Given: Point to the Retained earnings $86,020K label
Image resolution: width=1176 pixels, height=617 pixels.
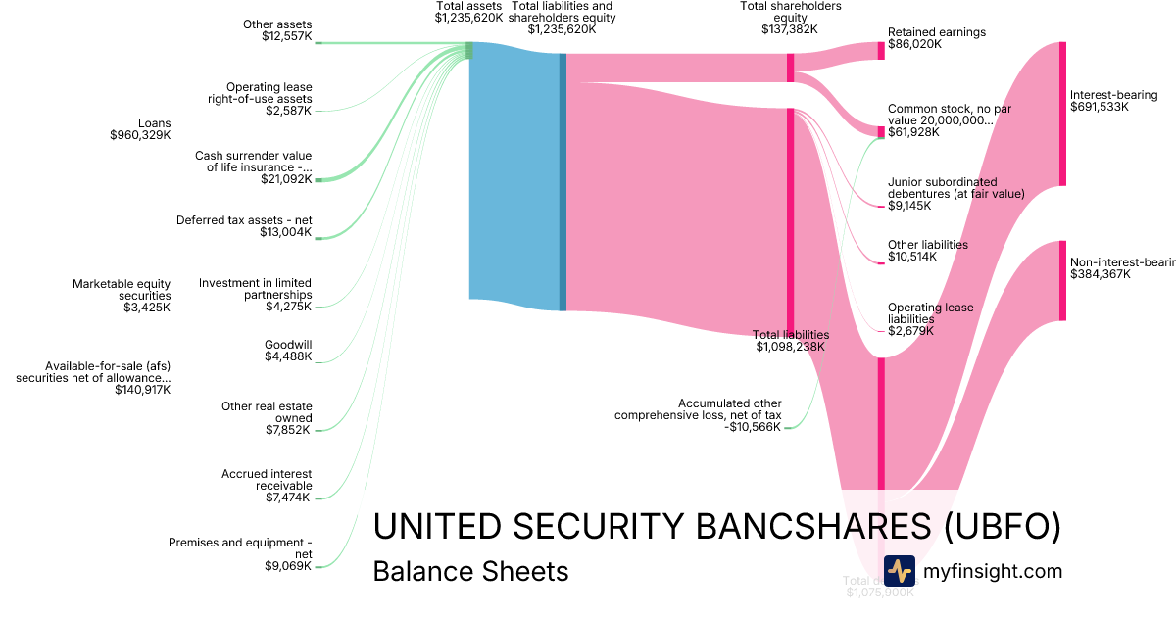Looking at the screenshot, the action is (936, 39).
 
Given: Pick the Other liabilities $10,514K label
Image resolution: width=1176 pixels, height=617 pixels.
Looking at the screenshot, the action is (927, 251).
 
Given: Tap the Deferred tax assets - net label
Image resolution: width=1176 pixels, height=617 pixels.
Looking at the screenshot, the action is (244, 226).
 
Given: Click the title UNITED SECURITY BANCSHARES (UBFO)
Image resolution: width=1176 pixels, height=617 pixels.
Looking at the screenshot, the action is (716, 527).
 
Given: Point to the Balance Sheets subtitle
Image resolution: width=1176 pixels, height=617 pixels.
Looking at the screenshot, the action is (470, 571).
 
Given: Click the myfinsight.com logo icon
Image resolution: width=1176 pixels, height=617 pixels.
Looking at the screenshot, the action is (899, 571).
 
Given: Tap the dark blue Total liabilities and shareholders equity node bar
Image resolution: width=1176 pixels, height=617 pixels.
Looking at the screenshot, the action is (563, 182).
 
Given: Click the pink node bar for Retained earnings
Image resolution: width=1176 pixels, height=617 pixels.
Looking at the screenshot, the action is (881, 51).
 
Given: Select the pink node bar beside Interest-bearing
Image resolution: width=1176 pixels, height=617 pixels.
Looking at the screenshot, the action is (1061, 114).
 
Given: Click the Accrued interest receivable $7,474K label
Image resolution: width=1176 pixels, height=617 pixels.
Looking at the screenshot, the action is (267, 486).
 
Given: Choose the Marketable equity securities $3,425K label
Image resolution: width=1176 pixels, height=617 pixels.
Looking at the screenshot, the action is (122, 296).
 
